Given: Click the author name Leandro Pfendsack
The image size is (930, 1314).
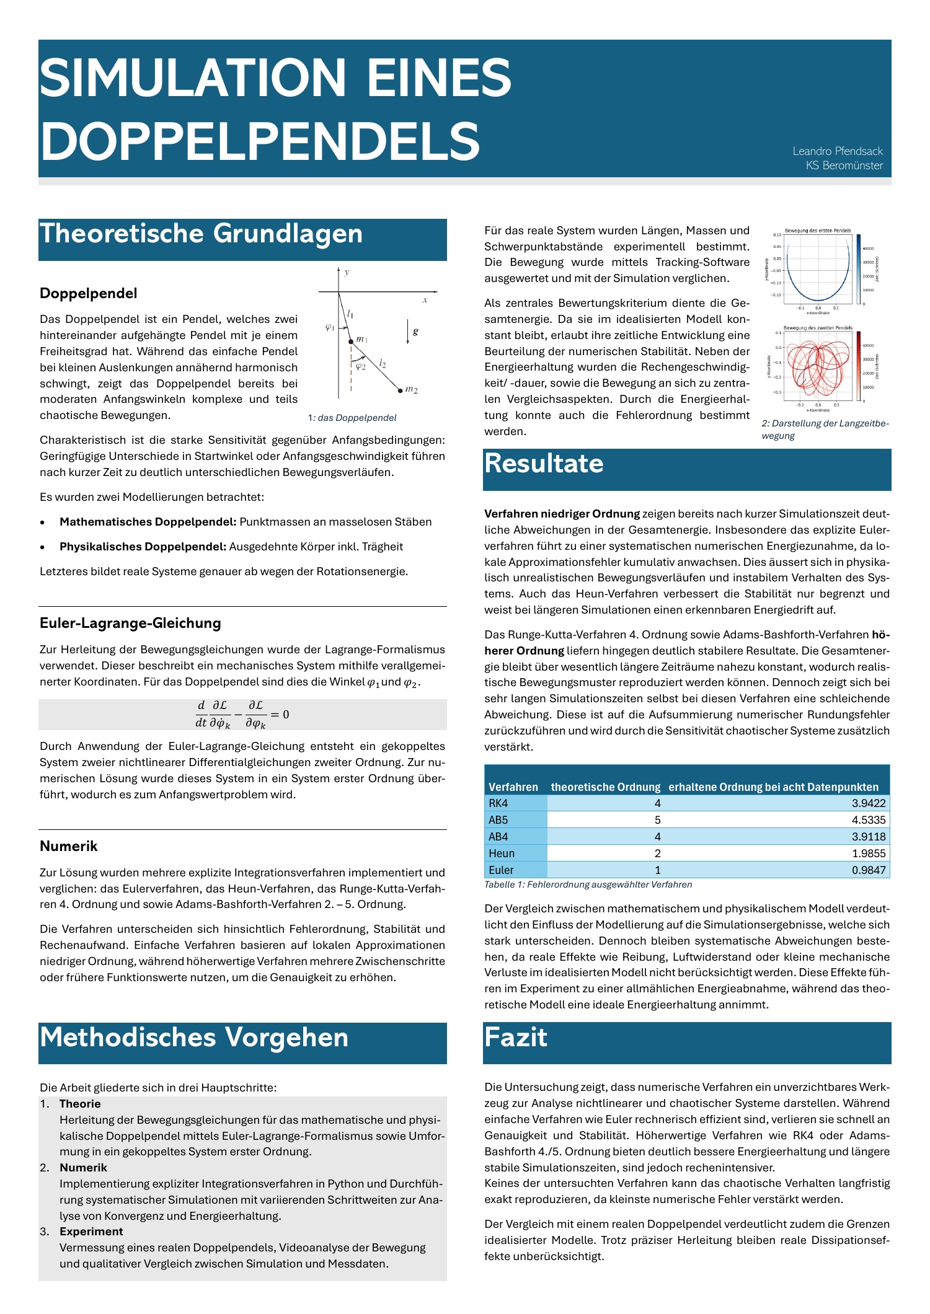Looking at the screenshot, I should point(837,151).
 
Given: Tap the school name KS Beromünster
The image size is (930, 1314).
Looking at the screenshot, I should point(844,165).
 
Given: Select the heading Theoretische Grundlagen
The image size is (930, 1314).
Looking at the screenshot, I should point(201,234).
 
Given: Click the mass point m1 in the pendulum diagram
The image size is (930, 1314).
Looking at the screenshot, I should point(350,342).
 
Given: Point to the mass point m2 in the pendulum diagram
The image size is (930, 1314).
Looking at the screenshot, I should point(400,390).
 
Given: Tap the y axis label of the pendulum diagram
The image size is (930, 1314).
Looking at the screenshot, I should point(347,272).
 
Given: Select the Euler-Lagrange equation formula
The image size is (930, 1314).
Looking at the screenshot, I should point(242,715).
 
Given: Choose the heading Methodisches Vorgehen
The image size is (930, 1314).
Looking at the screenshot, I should point(194,1038).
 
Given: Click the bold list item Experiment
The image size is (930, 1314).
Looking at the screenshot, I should point(91,1232).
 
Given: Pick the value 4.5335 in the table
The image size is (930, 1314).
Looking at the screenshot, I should point(869,820).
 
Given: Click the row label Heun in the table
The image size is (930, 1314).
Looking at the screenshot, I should point(502,853).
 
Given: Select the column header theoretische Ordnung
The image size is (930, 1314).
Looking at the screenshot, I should point(605,787).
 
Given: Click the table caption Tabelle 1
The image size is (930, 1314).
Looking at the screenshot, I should point(588,884).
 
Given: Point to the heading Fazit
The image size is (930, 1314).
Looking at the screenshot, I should point(516,1038).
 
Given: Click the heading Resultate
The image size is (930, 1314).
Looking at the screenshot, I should point(544,464).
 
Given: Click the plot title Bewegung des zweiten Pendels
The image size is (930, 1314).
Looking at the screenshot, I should point(818,328).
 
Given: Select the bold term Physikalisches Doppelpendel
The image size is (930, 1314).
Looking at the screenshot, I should point(143,547).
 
